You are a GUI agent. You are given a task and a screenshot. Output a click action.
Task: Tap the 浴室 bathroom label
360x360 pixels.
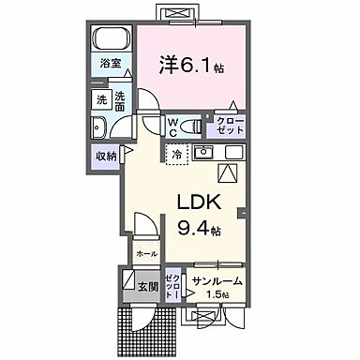[x=112, y=64]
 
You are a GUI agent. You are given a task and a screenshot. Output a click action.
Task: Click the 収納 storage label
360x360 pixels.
[x=106, y=156]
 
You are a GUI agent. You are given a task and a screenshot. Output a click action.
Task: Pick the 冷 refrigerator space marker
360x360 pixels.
[x=175, y=154]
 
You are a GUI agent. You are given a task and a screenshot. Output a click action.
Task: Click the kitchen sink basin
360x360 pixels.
[x=203, y=152]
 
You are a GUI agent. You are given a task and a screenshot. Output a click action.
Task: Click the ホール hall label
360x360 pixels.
[x=146, y=253]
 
